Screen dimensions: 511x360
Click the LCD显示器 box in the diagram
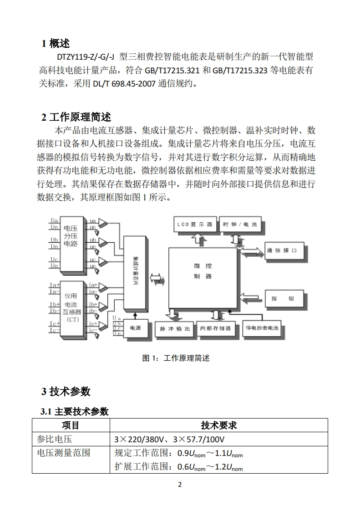pos(194,225)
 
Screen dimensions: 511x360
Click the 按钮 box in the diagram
pos(282,298)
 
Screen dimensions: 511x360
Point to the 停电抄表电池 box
pos(262,328)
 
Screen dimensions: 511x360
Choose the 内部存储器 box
pos(215,328)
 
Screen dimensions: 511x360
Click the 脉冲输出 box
pos(173,328)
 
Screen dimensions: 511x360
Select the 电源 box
pos(136,327)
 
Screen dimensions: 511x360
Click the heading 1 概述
pos(56,44)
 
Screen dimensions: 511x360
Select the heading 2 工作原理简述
pos(76,117)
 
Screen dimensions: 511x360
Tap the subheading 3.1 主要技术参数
pos(75,411)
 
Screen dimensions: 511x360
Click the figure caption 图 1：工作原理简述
pos(176,358)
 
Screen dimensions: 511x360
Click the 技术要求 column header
pos(218,425)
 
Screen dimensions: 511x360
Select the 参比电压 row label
pos(54,439)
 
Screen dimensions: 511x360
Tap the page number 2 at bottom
pos(180,485)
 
